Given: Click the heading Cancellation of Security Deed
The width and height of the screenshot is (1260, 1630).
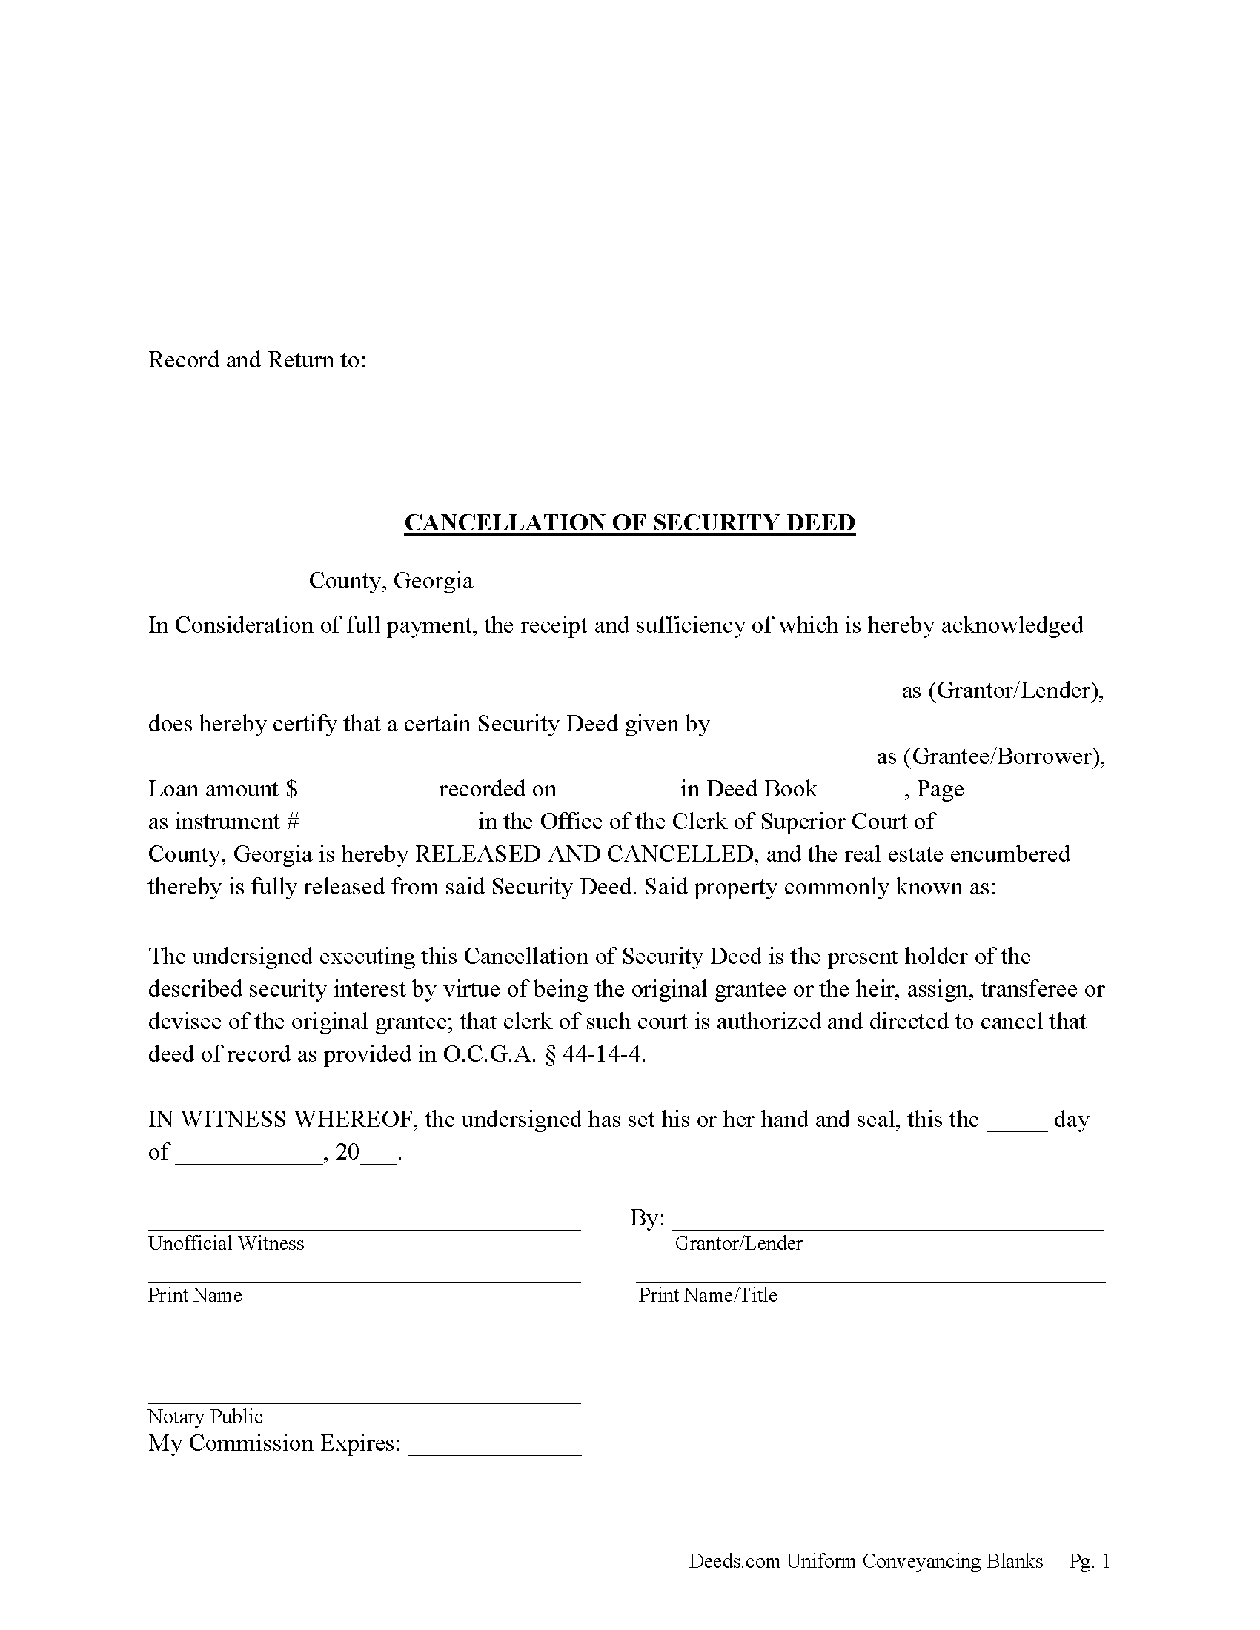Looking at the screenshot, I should tap(629, 522).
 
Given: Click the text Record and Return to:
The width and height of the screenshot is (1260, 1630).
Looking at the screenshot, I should tap(256, 360).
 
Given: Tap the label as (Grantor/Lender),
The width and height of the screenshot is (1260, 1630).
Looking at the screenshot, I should tap(1003, 691).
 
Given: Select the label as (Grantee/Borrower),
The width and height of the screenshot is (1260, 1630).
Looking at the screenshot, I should tap(989, 756).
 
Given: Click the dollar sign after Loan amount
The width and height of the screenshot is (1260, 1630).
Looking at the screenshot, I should tap(291, 789).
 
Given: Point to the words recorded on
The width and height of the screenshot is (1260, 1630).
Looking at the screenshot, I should tap(497, 789).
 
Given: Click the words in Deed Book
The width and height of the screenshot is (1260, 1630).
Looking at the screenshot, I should tap(749, 789).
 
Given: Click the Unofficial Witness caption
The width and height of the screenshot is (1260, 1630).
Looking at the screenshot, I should tap(226, 1243).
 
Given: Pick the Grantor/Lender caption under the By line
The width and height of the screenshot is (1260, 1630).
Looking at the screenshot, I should tap(738, 1243).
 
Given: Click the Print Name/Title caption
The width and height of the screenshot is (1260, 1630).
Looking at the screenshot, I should tap(708, 1295).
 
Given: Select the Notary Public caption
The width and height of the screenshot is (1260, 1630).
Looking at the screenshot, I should tap(205, 1417).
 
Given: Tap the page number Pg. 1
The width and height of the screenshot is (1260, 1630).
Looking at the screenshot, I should tap(1089, 1561).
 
